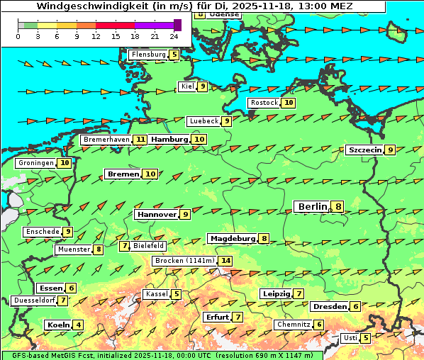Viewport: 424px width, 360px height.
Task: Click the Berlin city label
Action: click(312, 206)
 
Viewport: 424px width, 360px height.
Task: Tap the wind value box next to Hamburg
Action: click(200, 140)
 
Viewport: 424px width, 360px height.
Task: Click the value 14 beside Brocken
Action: click(225, 261)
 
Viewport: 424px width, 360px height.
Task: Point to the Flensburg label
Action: click(148, 54)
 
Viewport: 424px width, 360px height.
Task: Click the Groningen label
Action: click(36, 163)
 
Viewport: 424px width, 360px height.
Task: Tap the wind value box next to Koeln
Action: click(78, 325)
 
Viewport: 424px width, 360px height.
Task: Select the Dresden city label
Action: click(329, 307)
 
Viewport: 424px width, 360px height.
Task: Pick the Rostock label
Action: click(264, 103)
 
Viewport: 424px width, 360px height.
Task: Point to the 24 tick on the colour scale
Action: click(174, 35)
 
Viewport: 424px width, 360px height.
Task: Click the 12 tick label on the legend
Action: click(96, 35)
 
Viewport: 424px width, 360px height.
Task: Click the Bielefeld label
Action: click(149, 246)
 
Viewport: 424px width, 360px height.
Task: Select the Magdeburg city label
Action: click(232, 239)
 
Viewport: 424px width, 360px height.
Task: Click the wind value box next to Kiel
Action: click(202, 86)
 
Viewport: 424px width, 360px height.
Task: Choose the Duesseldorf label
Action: click(34, 300)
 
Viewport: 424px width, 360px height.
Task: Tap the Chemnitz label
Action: click(294, 325)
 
